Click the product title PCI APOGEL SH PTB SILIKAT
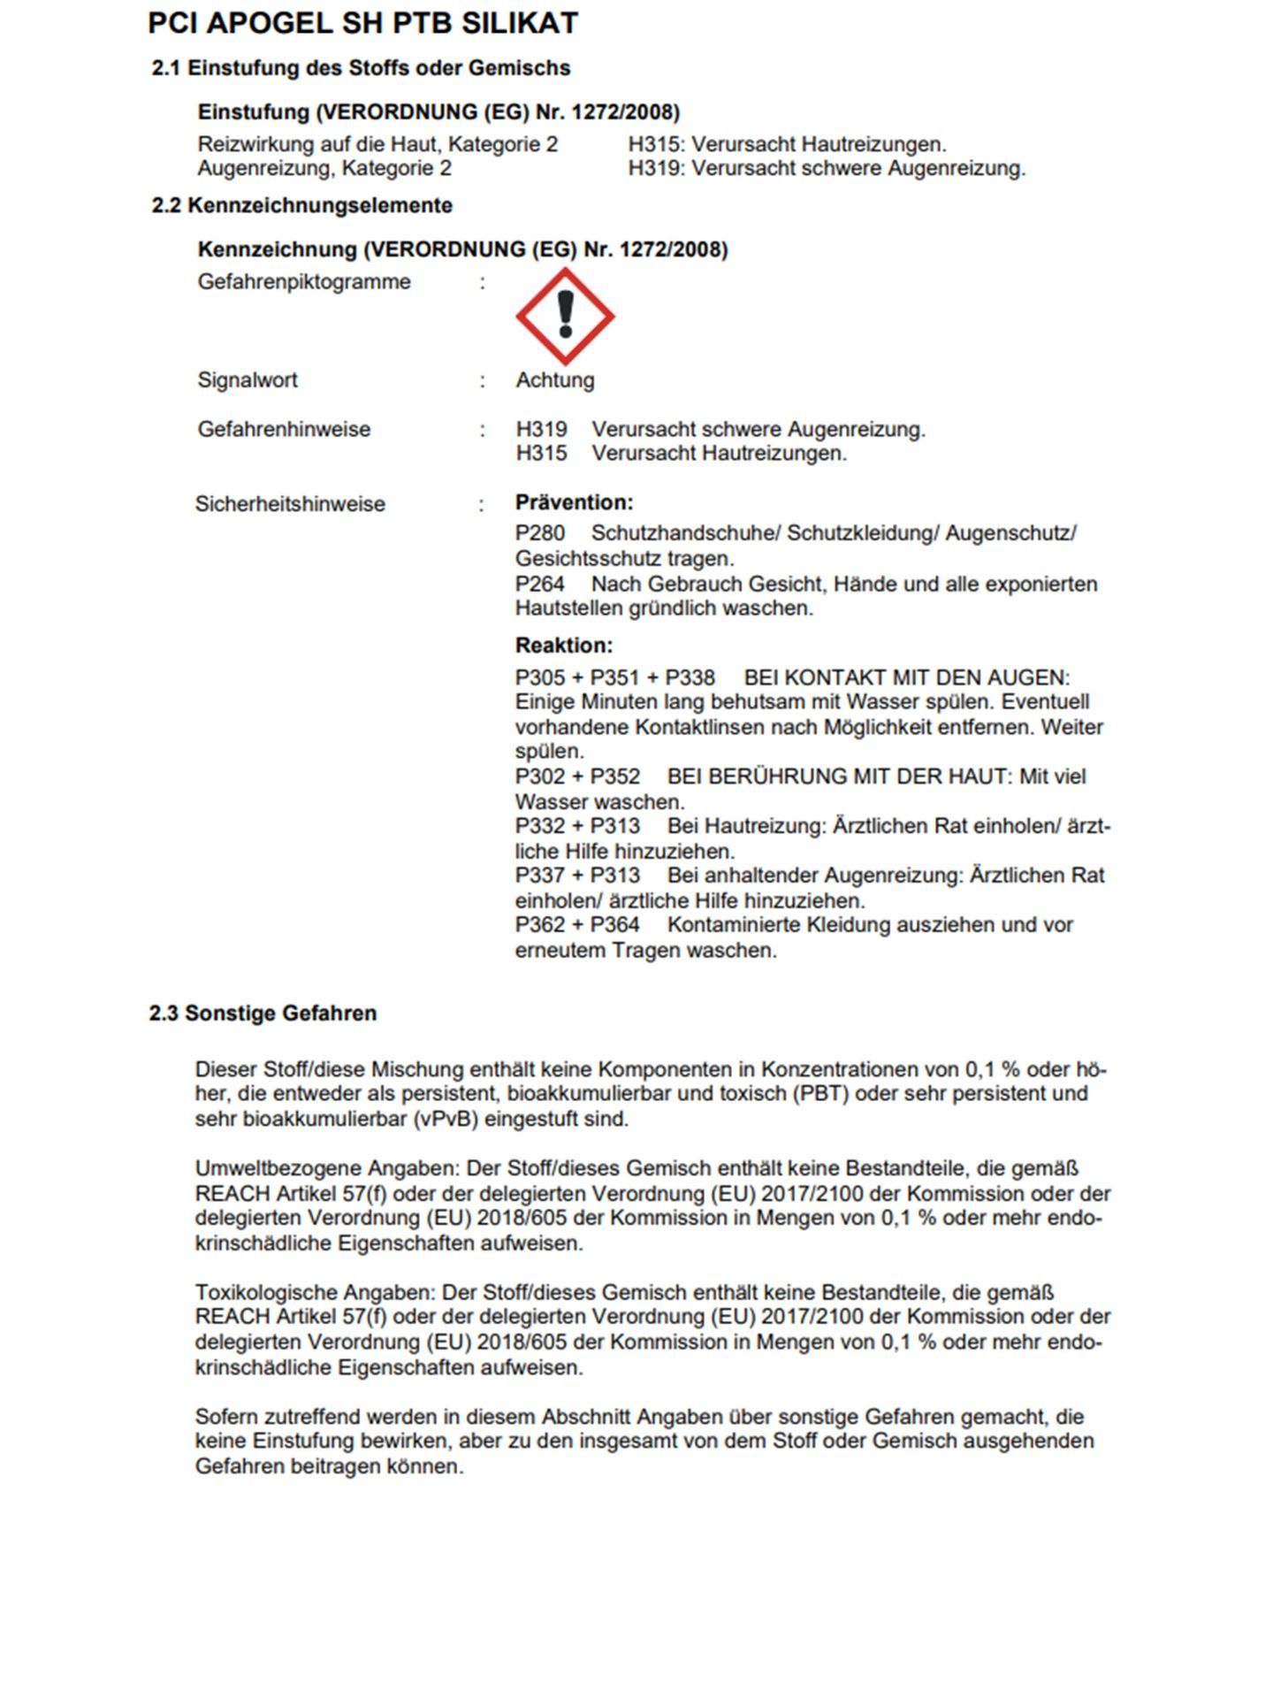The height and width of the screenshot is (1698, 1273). coord(362,23)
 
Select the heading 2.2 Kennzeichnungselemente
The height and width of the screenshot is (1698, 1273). coord(301,205)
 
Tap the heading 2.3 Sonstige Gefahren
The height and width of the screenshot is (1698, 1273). coord(263,1013)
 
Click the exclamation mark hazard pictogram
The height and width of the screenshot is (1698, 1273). coord(565,316)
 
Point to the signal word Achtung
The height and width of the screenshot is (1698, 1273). coord(555,380)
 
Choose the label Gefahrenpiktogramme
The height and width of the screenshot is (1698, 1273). coord(304,282)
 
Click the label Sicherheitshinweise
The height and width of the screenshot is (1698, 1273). coord(290,504)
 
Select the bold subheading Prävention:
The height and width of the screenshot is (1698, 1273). coord(574,502)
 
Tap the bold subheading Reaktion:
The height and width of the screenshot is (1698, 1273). coord(564,645)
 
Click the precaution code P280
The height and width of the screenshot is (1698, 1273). coord(540,533)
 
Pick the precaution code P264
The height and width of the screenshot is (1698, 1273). coord(540,584)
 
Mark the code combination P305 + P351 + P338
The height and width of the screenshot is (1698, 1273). coord(614,677)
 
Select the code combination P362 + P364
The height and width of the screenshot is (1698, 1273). coord(577,925)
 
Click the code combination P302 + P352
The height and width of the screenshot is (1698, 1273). coord(577,776)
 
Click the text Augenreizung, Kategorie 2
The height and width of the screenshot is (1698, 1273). coord(324,168)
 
